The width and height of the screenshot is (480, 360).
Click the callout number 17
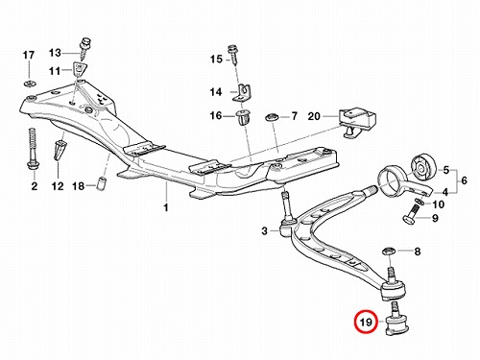[x=28, y=55]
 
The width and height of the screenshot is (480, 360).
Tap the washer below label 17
[x=29, y=84]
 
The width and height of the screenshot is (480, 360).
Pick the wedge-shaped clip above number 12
[x=59, y=149]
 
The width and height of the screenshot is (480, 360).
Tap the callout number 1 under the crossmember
[x=166, y=208]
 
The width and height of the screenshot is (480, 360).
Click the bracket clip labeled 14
[x=242, y=94]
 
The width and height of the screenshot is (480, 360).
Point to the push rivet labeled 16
[x=243, y=118]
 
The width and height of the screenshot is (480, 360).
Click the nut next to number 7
[x=272, y=117]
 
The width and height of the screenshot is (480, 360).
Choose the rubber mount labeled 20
[x=357, y=123]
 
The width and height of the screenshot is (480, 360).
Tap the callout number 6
[x=464, y=180]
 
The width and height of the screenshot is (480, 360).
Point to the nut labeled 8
[x=388, y=252]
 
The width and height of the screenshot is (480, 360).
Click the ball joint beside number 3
[x=286, y=218]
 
